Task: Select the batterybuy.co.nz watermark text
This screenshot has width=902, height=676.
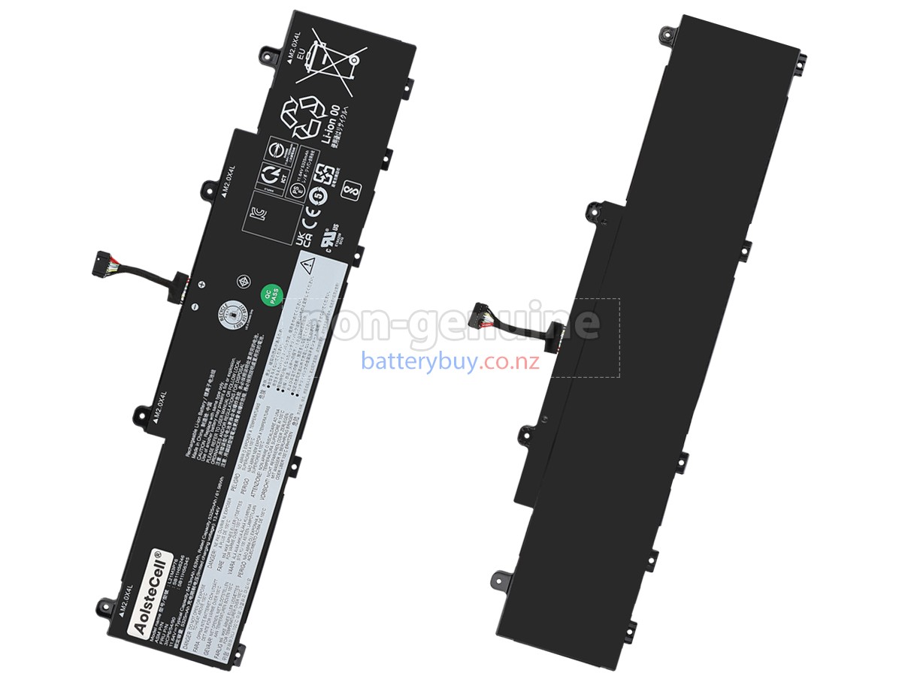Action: (x=450, y=361)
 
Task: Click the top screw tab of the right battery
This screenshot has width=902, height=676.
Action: (x=665, y=33)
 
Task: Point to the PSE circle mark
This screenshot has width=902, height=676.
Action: (x=296, y=191)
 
